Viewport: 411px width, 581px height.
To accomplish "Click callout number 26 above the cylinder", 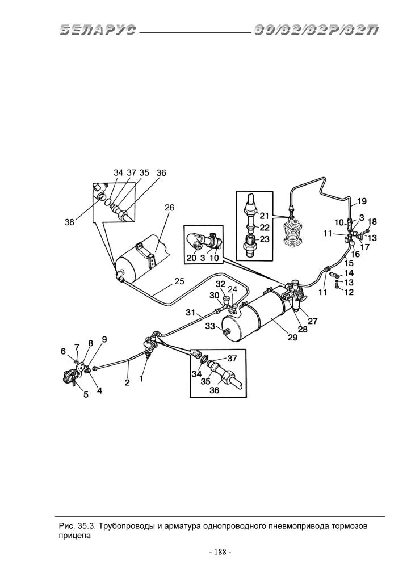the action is [169, 208].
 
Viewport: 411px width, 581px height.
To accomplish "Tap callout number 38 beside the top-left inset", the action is [70, 222].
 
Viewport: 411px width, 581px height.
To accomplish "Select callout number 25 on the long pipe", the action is [179, 281].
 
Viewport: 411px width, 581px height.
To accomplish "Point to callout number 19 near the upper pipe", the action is [362, 201].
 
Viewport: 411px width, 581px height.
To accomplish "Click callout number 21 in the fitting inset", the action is [264, 216].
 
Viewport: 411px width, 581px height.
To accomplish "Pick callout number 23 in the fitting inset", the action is [265, 239].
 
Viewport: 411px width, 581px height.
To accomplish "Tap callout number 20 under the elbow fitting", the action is [191, 258].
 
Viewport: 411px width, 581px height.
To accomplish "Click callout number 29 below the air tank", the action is [292, 337].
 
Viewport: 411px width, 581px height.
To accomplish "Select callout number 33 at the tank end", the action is [210, 326].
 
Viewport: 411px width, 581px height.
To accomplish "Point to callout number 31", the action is [191, 313].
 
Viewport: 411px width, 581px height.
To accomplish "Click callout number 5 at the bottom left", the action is [86, 395].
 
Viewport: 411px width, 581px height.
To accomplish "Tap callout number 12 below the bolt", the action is [349, 292].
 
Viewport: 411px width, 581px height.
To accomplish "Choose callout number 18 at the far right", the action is [372, 222].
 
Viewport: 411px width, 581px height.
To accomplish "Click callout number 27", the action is [313, 321].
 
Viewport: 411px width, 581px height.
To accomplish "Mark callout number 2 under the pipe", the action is [127, 383].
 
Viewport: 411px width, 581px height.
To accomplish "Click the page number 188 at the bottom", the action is [220, 553].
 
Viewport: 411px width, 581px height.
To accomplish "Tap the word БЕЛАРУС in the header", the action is [98, 30].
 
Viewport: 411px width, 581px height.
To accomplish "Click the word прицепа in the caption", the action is [74, 536].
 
